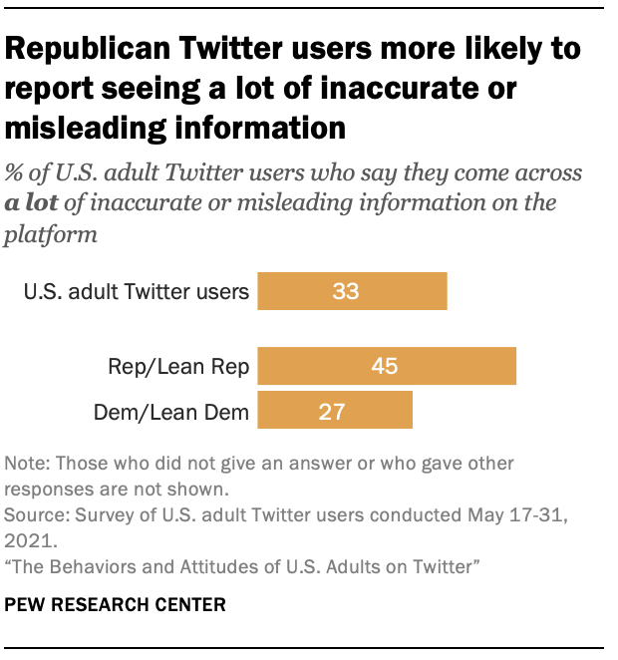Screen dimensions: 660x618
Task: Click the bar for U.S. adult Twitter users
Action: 352,292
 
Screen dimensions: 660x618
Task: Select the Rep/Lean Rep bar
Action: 387,366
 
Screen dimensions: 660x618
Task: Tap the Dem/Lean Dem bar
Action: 335,410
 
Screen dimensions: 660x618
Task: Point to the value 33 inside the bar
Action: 345,292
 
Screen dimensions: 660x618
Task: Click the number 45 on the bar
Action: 384,366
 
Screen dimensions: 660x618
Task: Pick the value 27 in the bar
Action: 333,410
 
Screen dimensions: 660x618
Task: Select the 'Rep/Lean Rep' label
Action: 179,366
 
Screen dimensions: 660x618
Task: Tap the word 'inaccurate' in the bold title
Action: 397,89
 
